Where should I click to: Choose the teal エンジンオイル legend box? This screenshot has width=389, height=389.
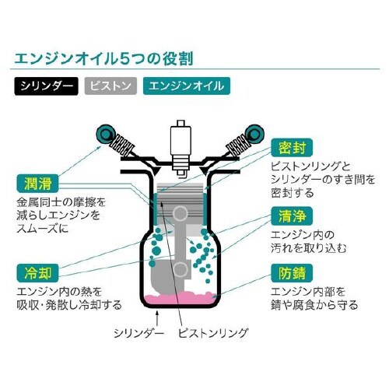click(x=186, y=85)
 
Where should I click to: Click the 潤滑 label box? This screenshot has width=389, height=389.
click(x=36, y=184)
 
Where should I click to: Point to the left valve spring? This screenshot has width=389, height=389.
click(x=125, y=145)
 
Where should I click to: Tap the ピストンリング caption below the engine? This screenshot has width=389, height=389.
click(x=212, y=331)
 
